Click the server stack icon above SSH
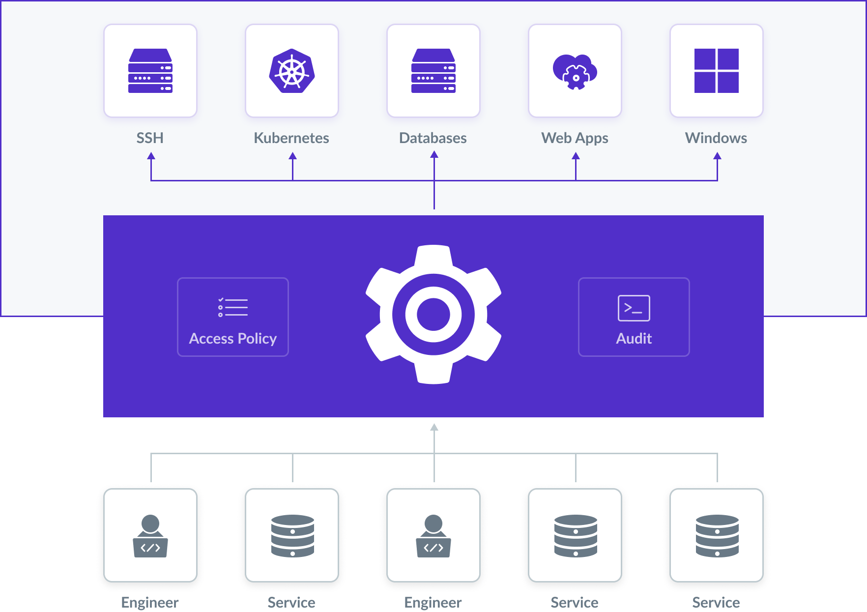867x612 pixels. pyautogui.click(x=150, y=71)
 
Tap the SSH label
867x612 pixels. pyautogui.click(x=150, y=138)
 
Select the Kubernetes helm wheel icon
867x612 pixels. pyautogui.click(x=292, y=71)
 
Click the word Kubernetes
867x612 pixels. pyautogui.click(x=291, y=138)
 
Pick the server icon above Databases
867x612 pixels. pyautogui.click(x=433, y=71)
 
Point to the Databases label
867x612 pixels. pyautogui.click(x=433, y=138)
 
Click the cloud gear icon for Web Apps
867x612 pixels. pyautogui.click(x=575, y=72)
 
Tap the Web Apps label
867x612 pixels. pyautogui.click(x=575, y=139)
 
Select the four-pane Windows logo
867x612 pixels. pyautogui.click(x=717, y=71)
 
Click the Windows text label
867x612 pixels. pyautogui.click(x=716, y=138)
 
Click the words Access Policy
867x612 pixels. pyautogui.click(x=233, y=339)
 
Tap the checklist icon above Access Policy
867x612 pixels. pyautogui.click(x=233, y=307)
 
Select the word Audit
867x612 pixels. pyautogui.click(x=634, y=339)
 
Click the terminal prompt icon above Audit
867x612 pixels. pyautogui.click(x=634, y=308)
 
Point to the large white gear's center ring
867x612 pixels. pyautogui.click(x=433, y=314)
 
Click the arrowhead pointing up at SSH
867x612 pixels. pyautogui.click(x=151, y=156)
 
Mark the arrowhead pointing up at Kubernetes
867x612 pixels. pyautogui.click(x=293, y=156)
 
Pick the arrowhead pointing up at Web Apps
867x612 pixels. pyautogui.click(x=576, y=156)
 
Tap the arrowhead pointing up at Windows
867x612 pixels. pyautogui.click(x=718, y=156)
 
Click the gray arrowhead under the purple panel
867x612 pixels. pyautogui.click(x=434, y=427)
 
